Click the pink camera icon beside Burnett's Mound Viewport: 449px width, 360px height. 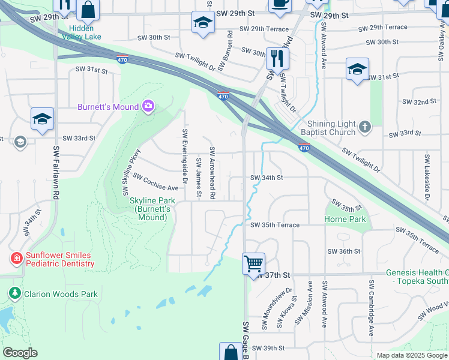[x=148, y=107]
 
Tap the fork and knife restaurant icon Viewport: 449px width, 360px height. [x=277, y=59]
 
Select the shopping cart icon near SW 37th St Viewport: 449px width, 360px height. [x=253, y=263]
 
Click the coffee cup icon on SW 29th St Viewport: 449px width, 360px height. [x=279, y=4]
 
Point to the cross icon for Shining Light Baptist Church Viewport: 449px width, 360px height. [x=364, y=127]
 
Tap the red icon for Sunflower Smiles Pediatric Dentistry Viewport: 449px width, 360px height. [x=16, y=258]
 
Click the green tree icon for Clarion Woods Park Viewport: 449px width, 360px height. [x=14, y=293]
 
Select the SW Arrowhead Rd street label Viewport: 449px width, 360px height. [x=212, y=172]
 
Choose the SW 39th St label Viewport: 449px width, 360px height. [x=268, y=348]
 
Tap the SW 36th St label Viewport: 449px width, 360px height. [x=344, y=251]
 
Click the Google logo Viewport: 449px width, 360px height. [x=20, y=352]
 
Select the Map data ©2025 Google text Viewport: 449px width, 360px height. [x=411, y=355]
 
